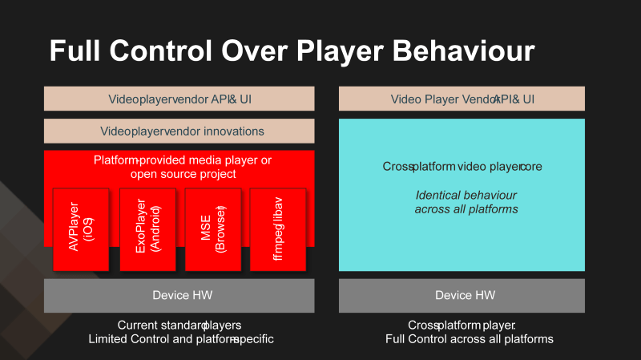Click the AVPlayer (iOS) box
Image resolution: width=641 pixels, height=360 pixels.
click(81, 229)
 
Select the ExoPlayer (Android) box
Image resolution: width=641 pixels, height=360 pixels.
click(147, 229)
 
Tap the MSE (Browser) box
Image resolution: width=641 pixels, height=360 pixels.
click(212, 229)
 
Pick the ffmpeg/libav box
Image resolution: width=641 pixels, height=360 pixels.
click(278, 229)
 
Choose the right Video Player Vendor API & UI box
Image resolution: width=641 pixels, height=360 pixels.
click(462, 99)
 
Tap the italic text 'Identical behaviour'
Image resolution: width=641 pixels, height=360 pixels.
click(466, 195)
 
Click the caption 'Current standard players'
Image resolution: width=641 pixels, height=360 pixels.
click(179, 325)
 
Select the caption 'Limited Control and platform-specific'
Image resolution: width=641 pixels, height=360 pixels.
click(181, 339)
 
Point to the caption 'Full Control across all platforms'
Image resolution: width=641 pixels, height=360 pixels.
click(469, 339)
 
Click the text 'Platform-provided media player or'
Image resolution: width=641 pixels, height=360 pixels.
click(183, 160)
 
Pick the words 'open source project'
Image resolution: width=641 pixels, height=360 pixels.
click(183, 174)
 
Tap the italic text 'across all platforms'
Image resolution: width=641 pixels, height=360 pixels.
click(466, 208)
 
